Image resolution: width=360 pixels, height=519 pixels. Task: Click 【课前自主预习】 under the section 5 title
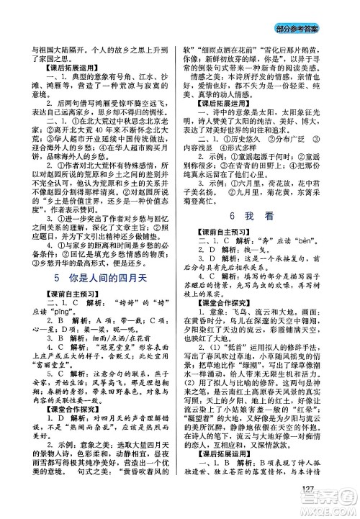tap(49, 296)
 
